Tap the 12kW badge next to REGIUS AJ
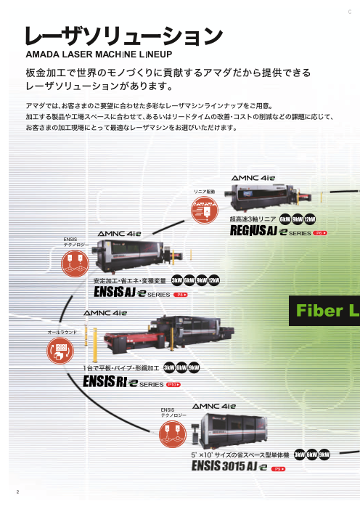[x=310, y=219]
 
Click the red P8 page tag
[x=181, y=294]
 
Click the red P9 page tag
[x=277, y=468]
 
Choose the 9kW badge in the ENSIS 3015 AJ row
[x=324, y=455]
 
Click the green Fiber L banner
[x=325, y=311]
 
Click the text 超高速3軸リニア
[x=252, y=219]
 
